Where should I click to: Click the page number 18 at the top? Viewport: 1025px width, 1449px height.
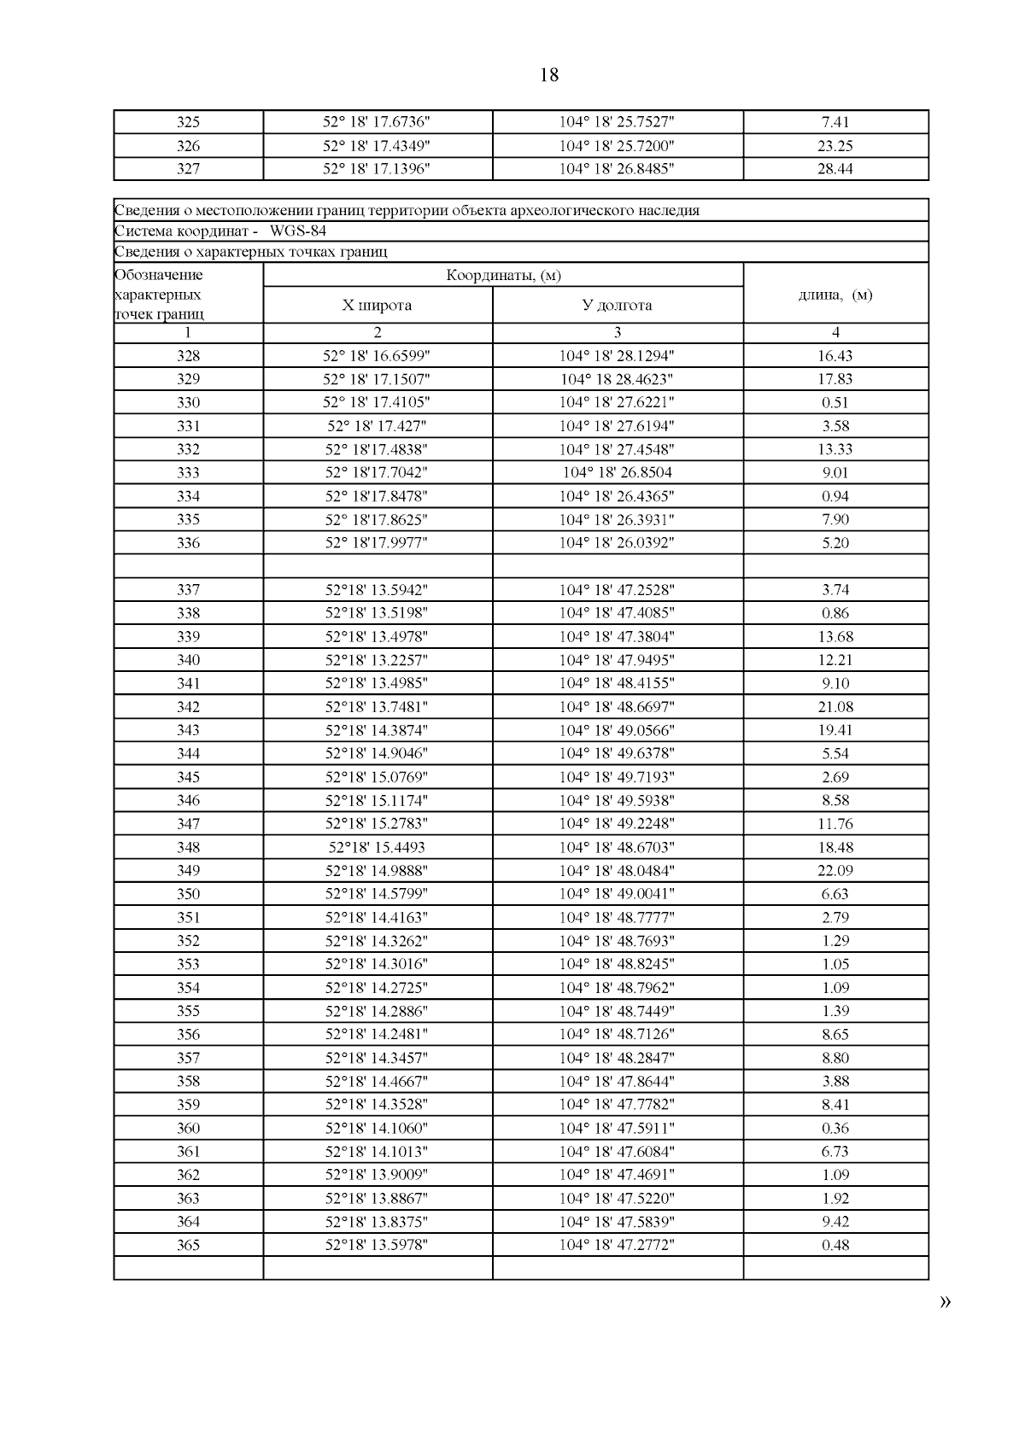point(549,75)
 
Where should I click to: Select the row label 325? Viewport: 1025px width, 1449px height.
point(188,122)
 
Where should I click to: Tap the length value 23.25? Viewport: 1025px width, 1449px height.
point(835,146)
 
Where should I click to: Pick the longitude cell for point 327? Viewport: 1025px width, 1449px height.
point(617,169)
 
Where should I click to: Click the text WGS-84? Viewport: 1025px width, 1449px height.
point(297,231)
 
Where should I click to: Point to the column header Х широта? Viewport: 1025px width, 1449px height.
point(377,306)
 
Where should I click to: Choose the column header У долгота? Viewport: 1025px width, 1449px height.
point(617,306)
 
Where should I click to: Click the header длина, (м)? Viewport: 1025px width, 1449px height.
point(835,295)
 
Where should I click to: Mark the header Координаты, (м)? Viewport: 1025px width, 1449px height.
point(503,275)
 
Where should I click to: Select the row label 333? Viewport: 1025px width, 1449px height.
point(188,473)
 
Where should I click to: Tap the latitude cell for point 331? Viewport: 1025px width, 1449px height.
point(377,426)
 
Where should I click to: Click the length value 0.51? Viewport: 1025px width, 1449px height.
point(835,403)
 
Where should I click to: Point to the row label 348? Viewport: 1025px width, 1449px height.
point(188,848)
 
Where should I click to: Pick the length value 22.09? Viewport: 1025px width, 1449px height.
point(835,871)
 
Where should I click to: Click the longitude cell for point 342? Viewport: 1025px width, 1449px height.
point(617,707)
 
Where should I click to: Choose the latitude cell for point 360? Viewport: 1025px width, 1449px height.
point(377,1129)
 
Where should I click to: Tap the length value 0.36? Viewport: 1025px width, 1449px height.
point(835,1129)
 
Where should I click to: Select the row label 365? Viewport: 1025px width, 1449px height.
point(188,1246)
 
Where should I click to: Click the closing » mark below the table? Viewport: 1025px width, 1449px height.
point(945,1302)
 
